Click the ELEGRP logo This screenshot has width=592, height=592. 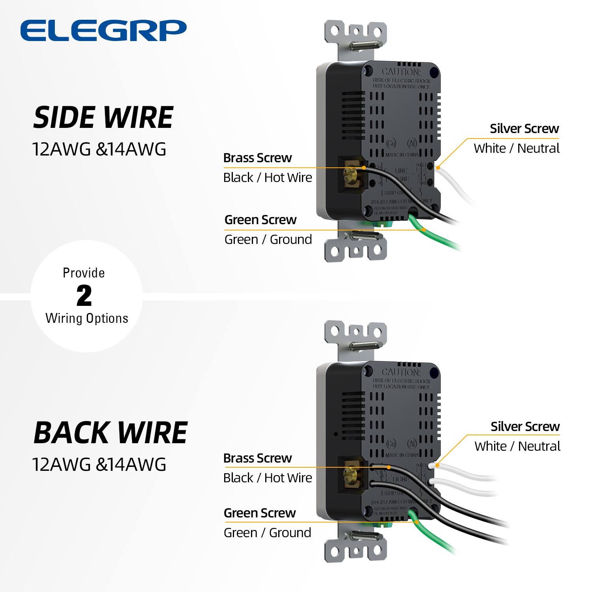point(103,30)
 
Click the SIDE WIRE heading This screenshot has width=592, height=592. point(103,118)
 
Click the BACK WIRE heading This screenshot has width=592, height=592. point(110,433)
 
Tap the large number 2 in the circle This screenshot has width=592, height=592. point(84,296)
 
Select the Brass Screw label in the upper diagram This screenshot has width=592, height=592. point(257,158)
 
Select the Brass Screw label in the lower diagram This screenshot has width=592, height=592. point(257,458)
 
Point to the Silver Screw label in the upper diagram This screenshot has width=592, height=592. point(524,129)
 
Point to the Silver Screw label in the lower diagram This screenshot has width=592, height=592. point(525,427)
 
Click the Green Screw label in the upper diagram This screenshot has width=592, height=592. point(260,220)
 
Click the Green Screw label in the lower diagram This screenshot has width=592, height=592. point(259,513)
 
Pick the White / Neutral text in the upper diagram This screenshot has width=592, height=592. point(516,148)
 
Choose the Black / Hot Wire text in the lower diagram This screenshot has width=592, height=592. point(267,478)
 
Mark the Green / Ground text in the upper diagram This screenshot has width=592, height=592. point(268,240)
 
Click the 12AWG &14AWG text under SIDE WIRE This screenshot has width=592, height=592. point(99,149)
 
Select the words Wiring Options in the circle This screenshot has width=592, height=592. point(87,318)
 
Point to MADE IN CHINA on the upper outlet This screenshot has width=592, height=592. point(402,155)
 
